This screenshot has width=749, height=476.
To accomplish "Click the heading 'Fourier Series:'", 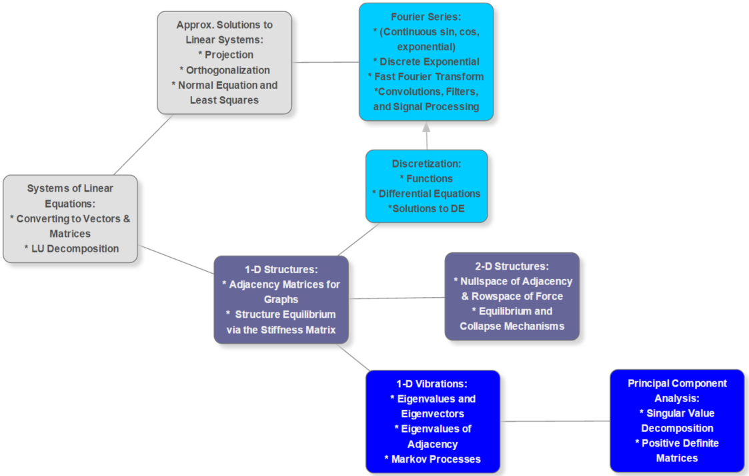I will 426,17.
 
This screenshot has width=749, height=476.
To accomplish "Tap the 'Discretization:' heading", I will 426,164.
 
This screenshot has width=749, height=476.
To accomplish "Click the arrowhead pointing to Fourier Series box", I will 426,127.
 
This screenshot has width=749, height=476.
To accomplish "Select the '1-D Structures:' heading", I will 281,269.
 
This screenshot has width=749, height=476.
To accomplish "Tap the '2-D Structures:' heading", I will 512,266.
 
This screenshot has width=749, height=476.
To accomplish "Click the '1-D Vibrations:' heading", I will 432,384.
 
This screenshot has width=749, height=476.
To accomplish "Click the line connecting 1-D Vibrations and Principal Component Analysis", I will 555,421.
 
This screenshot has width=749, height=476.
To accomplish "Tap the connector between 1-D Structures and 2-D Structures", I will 396,298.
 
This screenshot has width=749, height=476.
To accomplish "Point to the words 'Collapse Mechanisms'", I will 512,326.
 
